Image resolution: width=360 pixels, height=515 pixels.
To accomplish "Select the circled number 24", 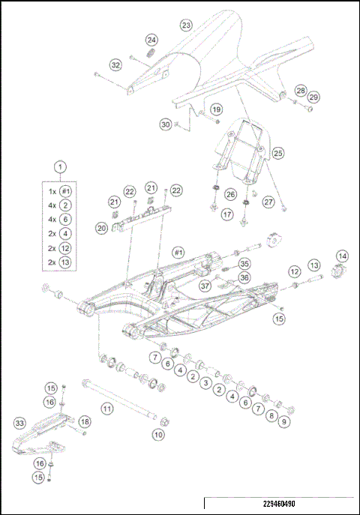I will coord(152,40).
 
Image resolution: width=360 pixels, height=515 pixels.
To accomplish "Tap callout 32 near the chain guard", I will coord(115,65).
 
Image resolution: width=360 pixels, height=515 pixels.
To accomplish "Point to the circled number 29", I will coord(313,97).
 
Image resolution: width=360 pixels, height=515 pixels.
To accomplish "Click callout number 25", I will coord(277,153).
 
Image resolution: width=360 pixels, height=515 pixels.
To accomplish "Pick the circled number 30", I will coord(166,124).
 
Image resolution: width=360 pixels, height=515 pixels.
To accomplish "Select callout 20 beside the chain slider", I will coord(102,227).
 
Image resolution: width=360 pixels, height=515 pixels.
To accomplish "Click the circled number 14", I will coord(341,256).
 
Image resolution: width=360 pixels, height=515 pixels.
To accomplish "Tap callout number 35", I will coord(244,264).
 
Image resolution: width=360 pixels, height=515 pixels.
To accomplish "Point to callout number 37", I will coord(205,286).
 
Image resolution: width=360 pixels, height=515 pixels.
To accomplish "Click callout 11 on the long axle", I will coord(107,409).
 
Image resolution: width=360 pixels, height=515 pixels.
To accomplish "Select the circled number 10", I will coord(158,433).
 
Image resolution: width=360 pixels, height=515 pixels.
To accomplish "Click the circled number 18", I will coord(84,421).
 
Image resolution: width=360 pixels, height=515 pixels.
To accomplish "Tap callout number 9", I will coord(283,423).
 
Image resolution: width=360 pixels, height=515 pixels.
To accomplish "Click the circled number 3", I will coord(205,382).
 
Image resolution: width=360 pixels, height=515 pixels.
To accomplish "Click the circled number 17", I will coord(227,214).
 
